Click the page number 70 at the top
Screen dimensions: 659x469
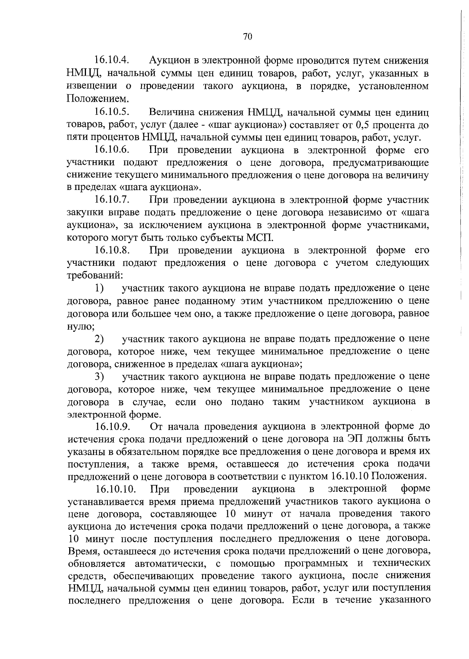coord(248,37)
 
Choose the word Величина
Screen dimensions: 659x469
coord(171,113)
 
